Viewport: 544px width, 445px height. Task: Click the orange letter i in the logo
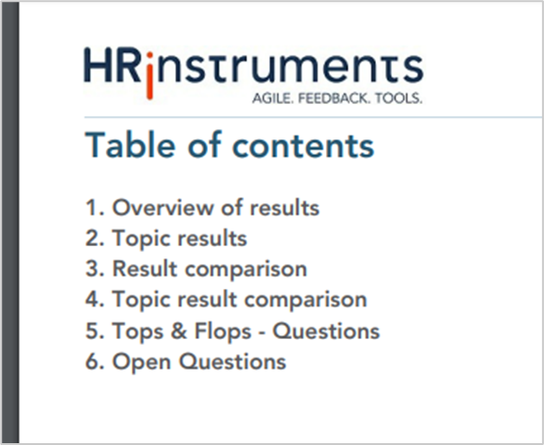[x=149, y=75]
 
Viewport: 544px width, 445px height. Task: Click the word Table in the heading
[x=130, y=145]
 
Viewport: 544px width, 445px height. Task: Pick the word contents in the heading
[x=304, y=146]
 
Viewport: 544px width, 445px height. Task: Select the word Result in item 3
[x=145, y=268]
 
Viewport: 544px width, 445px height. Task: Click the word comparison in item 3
[x=246, y=269]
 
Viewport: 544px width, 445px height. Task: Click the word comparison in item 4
[x=305, y=300]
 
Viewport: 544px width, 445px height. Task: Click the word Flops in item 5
[x=223, y=331]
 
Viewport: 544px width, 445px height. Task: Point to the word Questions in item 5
[x=326, y=331]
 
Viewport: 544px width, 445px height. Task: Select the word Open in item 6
[x=142, y=362]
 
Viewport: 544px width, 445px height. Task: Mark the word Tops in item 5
[x=137, y=331]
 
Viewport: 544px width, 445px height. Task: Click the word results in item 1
[x=284, y=207]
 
